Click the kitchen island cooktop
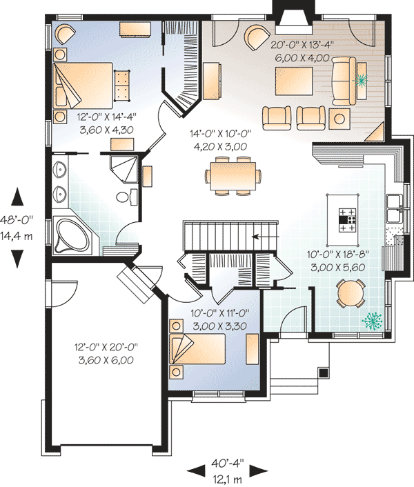pos(347,217)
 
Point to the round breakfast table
pos(348,294)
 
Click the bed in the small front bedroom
pos(204,350)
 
